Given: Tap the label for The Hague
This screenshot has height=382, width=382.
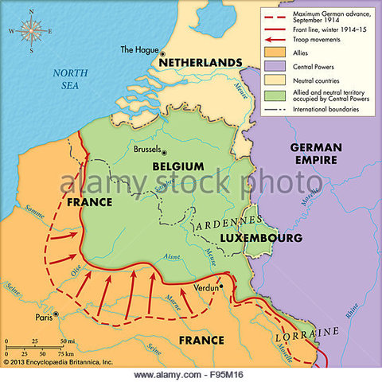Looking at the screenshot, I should [x=138, y=49].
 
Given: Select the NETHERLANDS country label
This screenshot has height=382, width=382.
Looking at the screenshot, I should [x=199, y=62].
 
